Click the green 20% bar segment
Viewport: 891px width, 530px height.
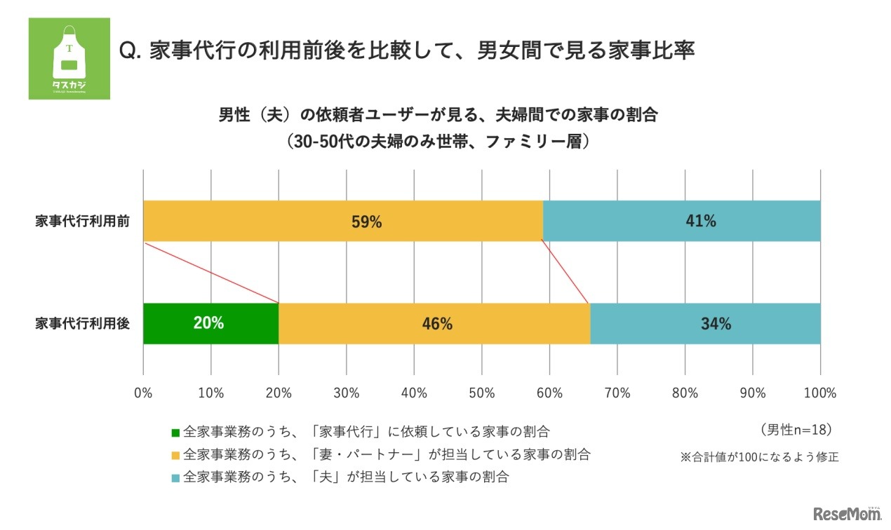[210, 324]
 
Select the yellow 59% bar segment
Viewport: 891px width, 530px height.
[343, 221]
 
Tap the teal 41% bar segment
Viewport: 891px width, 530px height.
[681, 221]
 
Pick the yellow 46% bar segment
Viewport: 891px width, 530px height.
[434, 324]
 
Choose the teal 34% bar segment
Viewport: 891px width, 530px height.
[705, 324]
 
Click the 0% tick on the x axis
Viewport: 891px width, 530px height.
[143, 393]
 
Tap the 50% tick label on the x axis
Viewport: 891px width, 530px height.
[482, 393]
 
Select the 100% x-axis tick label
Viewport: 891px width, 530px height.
[820, 393]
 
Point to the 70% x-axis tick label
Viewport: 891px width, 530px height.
[617, 393]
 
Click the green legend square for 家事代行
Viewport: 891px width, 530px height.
[175, 430]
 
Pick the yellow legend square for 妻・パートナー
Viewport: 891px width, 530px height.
[175, 455]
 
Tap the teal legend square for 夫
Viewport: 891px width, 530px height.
[175, 479]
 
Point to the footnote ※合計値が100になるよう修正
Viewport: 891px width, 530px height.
[759, 457]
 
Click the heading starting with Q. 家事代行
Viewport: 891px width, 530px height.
[407, 51]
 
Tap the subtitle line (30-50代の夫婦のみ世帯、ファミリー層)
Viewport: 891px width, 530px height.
[438, 141]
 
